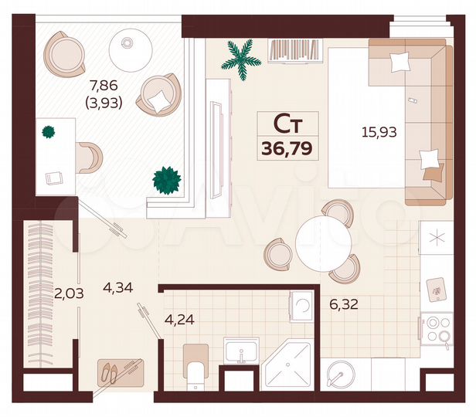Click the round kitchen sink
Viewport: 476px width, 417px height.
tap(340, 376)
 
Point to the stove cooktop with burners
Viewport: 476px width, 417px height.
tap(439, 329)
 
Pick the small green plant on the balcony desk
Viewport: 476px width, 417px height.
tap(49, 131)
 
